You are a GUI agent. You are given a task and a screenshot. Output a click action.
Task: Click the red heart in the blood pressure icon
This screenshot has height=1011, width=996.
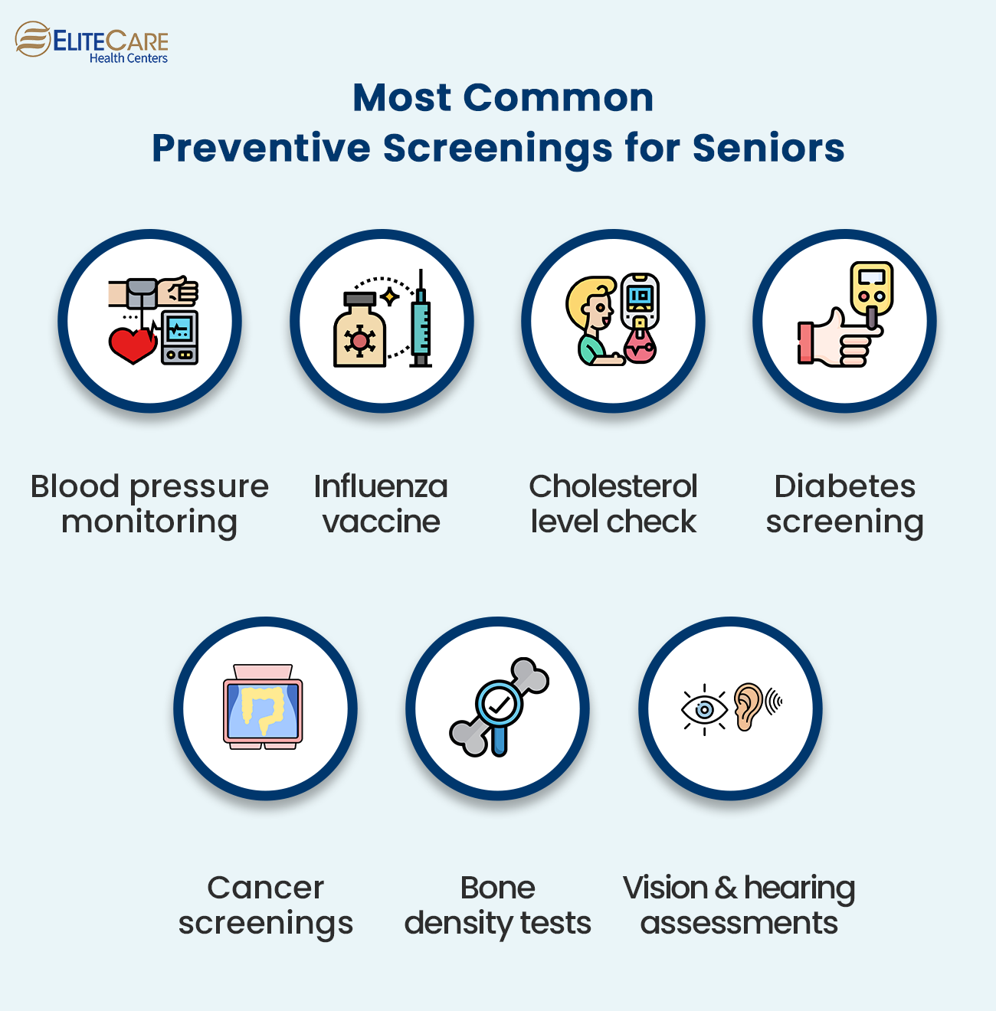tap(133, 345)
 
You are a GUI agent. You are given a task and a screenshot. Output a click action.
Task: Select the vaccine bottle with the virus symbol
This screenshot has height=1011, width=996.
tap(359, 330)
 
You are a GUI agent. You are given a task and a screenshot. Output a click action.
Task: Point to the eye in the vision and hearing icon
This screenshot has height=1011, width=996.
tap(704, 710)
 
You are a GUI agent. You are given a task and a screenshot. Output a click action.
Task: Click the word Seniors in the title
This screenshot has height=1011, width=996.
tap(768, 148)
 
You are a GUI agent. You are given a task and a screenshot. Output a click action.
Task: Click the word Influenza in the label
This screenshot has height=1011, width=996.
tap(381, 486)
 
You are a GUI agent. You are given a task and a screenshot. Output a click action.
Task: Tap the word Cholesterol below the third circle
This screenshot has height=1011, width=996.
tap(613, 486)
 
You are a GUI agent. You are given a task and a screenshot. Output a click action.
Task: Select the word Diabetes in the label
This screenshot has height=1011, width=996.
tap(845, 486)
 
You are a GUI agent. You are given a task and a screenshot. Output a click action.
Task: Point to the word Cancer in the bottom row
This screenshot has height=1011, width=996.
tap(266, 888)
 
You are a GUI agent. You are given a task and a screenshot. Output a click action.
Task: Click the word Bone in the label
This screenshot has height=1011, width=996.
tap(498, 888)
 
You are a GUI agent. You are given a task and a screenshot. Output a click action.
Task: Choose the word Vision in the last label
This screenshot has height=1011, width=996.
tap(665, 888)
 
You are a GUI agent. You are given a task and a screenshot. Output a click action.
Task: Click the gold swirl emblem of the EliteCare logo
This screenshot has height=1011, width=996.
tap(33, 39)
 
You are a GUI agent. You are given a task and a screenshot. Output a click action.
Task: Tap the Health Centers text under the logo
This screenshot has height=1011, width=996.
tap(129, 58)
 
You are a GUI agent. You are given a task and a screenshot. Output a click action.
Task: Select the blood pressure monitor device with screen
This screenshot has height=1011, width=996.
tap(179, 337)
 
